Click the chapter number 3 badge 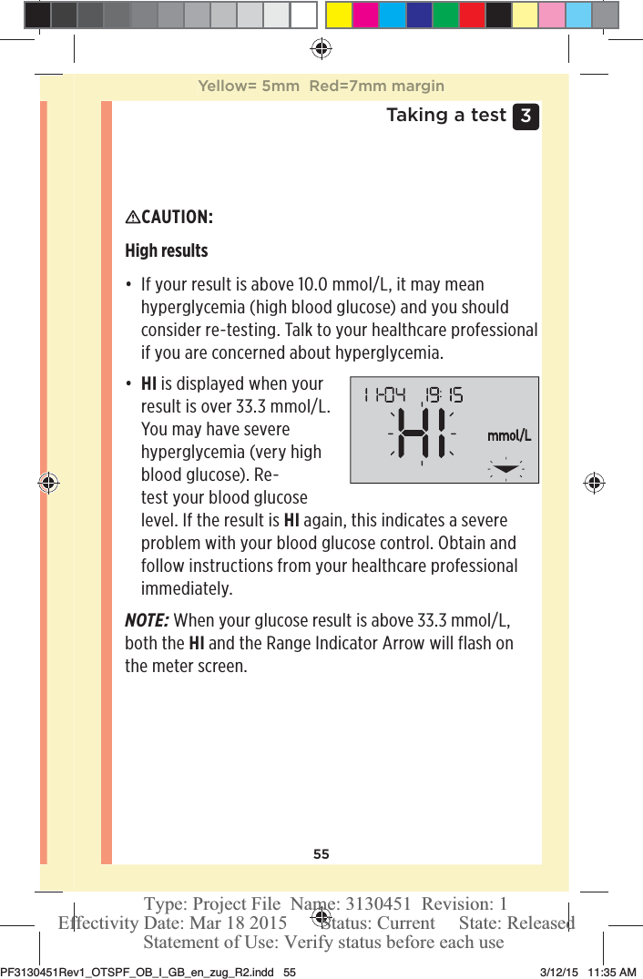tap(526, 117)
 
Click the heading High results tap(166, 250)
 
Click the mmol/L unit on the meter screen tap(508, 435)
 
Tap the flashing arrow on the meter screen tap(507, 470)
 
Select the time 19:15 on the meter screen tap(443, 395)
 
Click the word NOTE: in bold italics tap(146, 621)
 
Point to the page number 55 tap(321, 854)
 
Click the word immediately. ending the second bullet tap(187, 588)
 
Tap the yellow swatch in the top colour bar tap(339, 15)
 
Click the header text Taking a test tap(445, 115)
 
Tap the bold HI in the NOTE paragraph tap(196, 644)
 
